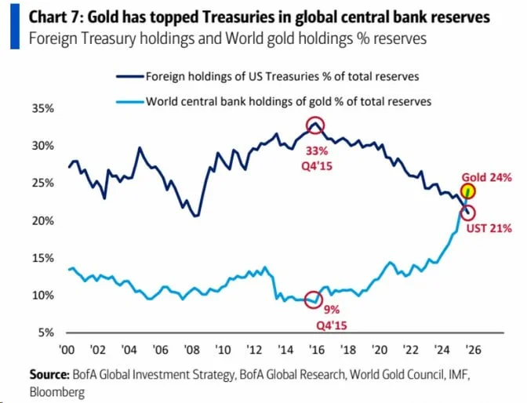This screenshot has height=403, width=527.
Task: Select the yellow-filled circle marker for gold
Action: click(468, 191)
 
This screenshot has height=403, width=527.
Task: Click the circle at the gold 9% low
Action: click(314, 299)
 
